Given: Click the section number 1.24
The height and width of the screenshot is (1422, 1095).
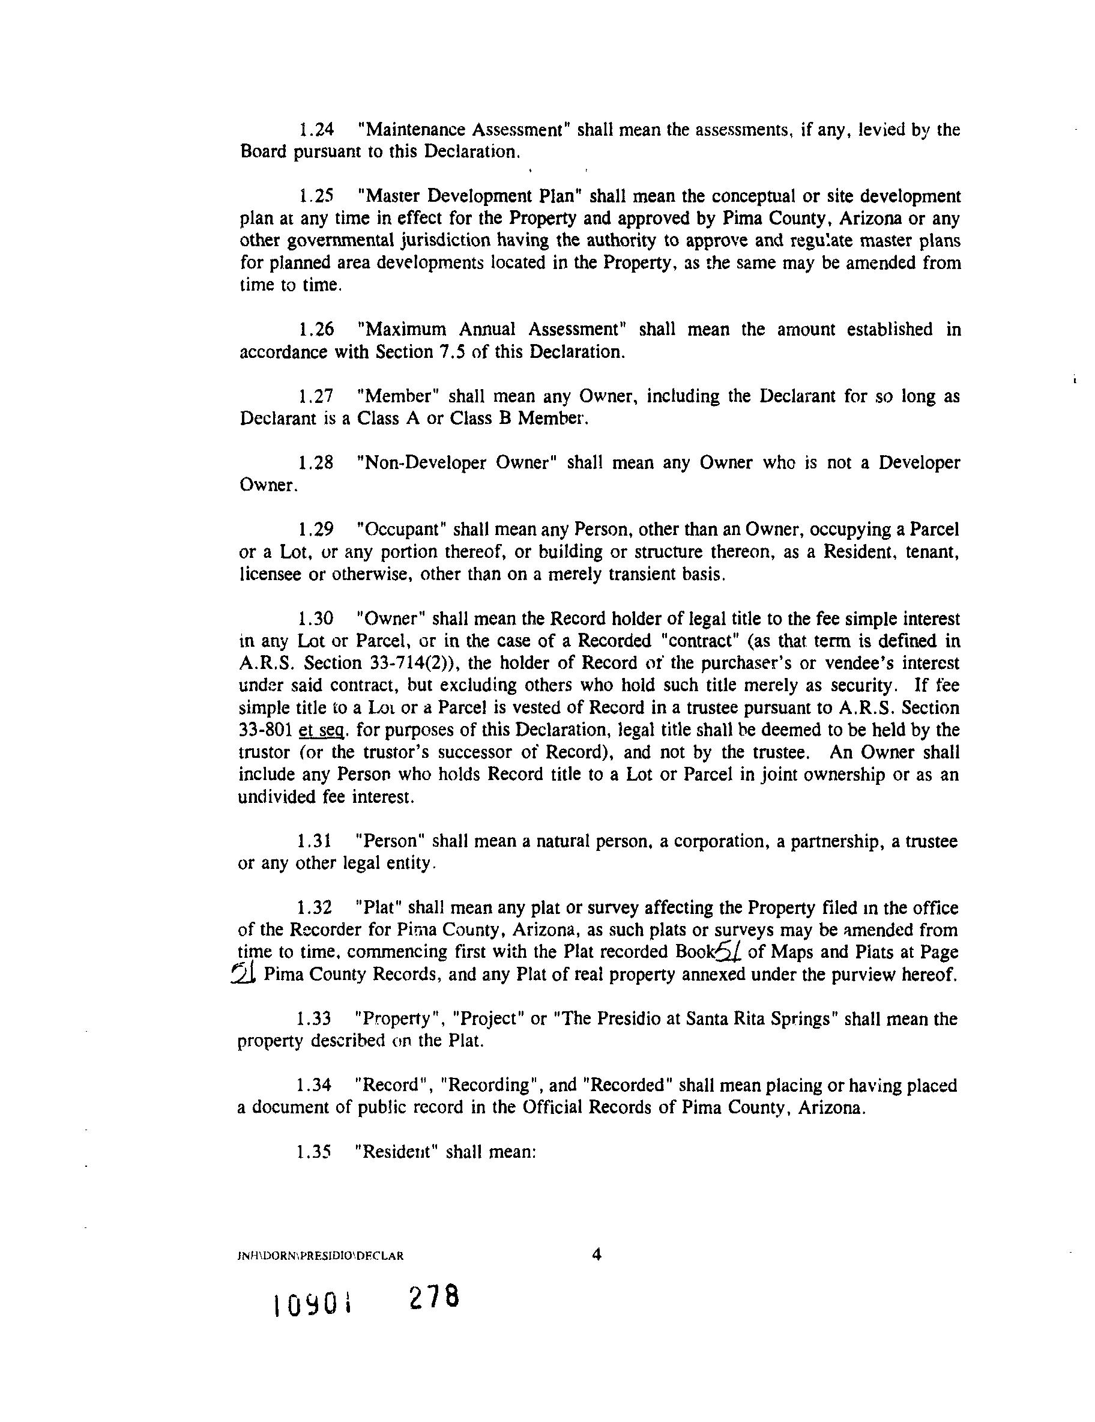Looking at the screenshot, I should [316, 130].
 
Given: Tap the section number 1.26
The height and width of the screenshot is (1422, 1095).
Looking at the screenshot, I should [316, 330].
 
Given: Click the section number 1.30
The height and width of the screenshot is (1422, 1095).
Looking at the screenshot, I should [316, 618].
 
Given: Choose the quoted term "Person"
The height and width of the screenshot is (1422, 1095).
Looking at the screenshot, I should [391, 841].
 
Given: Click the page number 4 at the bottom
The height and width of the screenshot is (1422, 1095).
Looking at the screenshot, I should [596, 1254].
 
